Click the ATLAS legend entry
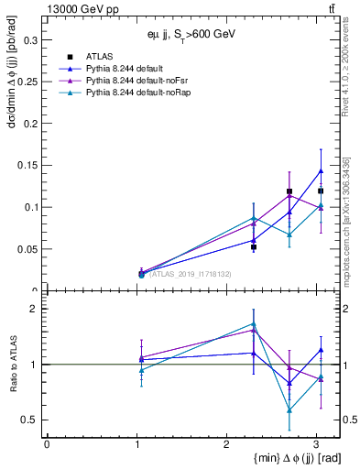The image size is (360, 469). [98, 56]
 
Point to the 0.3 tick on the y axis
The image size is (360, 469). [30, 40]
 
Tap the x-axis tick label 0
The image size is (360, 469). [47, 443]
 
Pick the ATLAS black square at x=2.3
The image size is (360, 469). [254, 247]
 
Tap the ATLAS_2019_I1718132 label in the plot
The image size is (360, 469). [189, 274]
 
